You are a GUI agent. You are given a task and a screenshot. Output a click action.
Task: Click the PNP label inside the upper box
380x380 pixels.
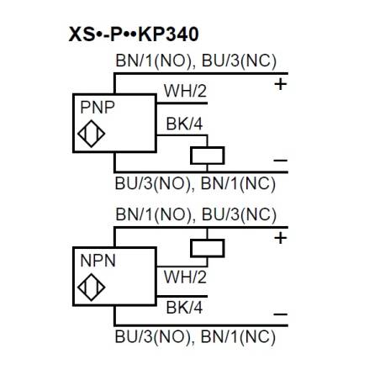coord(98,108)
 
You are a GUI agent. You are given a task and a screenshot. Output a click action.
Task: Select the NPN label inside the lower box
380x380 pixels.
coord(98,261)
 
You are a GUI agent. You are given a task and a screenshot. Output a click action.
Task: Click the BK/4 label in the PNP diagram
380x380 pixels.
coord(182,125)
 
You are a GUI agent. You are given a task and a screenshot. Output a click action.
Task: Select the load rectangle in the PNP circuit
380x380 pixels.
coord(207,155)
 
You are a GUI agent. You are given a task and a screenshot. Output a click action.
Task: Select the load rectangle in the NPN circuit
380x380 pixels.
coord(207,247)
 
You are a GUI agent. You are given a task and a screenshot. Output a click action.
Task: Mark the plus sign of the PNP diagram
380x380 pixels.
coord(280,84)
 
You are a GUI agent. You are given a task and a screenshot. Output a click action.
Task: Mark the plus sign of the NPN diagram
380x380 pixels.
coord(280,238)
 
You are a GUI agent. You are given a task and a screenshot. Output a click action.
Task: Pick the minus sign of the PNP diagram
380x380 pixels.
coord(280,160)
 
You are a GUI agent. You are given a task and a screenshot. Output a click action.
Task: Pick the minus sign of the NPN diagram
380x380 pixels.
coord(280,314)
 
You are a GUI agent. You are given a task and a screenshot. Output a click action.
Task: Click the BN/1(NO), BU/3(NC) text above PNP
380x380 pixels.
coord(195,61)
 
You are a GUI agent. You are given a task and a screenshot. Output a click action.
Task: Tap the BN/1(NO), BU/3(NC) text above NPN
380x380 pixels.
coord(195,214)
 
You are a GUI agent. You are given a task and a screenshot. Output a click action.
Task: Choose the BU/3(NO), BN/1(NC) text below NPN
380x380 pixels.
coord(195,338)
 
